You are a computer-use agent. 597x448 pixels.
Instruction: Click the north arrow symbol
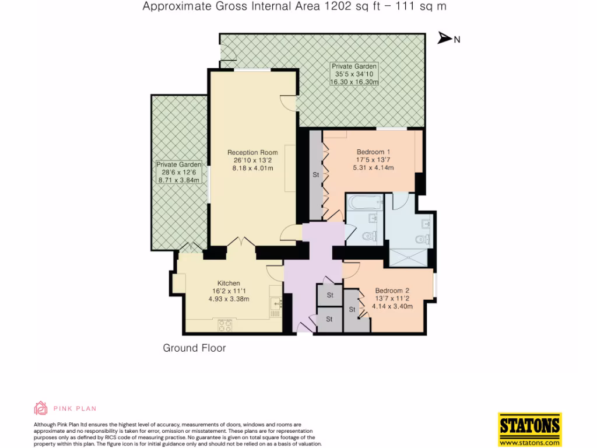pyautogui.click(x=445, y=38)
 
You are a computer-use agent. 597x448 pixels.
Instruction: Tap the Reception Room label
pyautogui.click(x=252, y=153)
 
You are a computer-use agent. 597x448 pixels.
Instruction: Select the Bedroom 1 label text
pyautogui.click(x=373, y=152)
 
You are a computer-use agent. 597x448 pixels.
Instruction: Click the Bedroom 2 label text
pyautogui.click(x=392, y=290)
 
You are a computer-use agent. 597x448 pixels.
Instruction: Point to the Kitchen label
pyautogui.click(x=229, y=283)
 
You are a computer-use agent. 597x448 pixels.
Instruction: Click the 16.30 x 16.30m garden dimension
pyautogui.click(x=354, y=82)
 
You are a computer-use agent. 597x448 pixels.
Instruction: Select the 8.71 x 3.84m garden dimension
pyautogui.click(x=179, y=181)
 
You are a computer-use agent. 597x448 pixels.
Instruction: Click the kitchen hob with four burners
pyautogui.click(x=225, y=324)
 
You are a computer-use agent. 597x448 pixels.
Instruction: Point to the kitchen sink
pyautogui.click(x=276, y=303)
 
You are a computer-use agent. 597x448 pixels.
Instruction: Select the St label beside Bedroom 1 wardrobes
pyautogui.click(x=316, y=174)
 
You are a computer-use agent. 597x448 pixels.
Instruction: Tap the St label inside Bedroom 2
pyautogui.click(x=352, y=310)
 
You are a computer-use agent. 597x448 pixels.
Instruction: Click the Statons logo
pyautogui.click(x=529, y=428)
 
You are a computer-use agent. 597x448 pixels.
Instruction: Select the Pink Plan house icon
pyautogui.click(x=41, y=408)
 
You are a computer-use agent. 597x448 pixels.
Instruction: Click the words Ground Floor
pyautogui.click(x=194, y=348)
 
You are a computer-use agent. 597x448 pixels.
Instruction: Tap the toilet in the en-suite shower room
pyautogui.click(x=423, y=238)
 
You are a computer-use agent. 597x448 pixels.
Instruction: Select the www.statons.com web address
pyautogui.click(x=529, y=442)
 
